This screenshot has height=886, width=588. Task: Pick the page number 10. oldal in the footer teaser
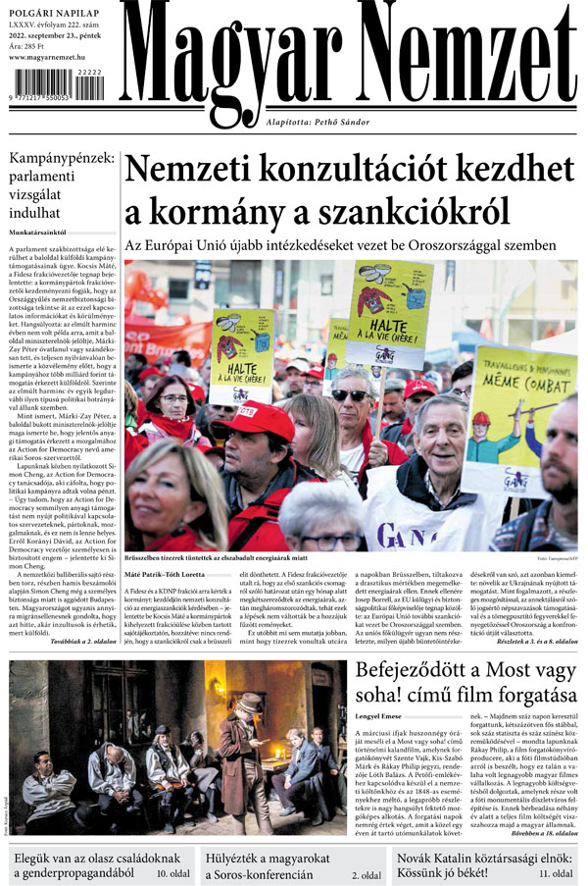171,872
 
